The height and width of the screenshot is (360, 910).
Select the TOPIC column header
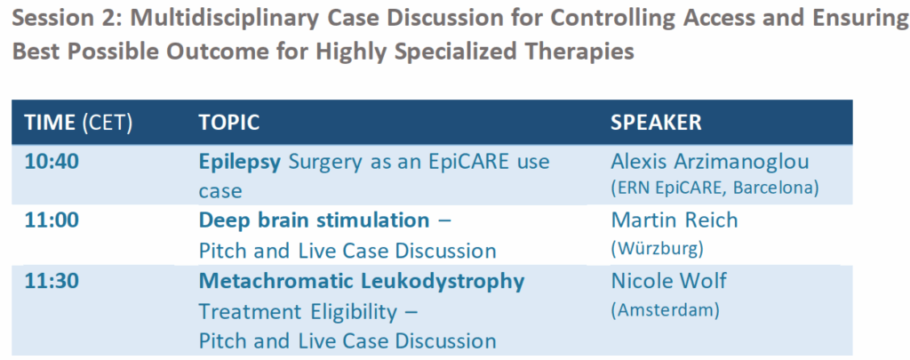[x=229, y=123]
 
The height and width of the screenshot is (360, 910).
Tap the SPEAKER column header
[x=656, y=123]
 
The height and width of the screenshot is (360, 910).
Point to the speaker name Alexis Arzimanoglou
[x=709, y=162]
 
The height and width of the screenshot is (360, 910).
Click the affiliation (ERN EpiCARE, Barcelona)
[x=715, y=188]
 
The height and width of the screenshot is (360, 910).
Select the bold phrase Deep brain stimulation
[x=314, y=221]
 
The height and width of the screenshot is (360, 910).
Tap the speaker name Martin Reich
[x=674, y=220]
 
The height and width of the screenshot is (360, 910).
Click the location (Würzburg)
[x=657, y=249]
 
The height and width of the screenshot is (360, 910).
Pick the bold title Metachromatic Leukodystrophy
[x=362, y=282]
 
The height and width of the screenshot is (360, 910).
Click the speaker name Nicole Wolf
[x=668, y=281]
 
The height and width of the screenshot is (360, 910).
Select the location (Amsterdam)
[x=665, y=309]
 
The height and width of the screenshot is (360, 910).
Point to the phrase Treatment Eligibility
[x=299, y=312]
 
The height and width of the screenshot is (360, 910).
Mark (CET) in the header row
[x=107, y=123]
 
